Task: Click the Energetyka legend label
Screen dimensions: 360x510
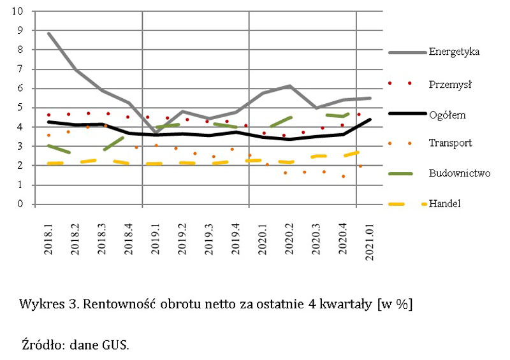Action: [454, 51]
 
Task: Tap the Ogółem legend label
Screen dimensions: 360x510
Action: [449, 115]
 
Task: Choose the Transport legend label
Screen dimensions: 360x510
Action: [451, 143]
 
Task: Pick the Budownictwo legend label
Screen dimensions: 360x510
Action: [459, 173]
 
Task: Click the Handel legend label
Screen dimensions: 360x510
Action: [444, 204]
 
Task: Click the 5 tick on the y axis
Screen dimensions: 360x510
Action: [20, 108]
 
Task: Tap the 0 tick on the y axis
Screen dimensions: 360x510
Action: [20, 205]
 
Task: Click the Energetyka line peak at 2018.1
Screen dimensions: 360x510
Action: [48, 33]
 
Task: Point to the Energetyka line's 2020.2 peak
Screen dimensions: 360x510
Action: [290, 85]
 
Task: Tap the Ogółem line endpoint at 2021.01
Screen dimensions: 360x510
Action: [370, 120]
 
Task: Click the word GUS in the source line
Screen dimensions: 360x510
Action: [115, 345]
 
